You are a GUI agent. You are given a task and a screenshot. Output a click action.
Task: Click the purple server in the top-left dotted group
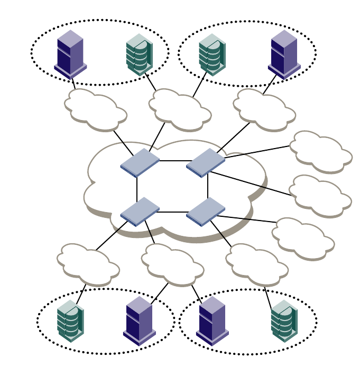pos(70,54)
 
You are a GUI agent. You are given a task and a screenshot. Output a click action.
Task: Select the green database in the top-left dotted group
pos(139,54)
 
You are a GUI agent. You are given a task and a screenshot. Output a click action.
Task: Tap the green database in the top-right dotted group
pos(212,54)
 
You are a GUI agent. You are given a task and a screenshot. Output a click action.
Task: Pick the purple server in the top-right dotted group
pos(284,54)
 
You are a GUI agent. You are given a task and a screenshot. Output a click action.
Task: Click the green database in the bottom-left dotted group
pos(70,320)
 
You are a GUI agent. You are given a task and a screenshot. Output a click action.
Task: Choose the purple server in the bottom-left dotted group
pos(139,320)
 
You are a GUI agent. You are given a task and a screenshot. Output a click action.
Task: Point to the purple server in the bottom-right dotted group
pos(212,320)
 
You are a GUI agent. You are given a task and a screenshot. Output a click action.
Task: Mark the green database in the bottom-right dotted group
pos(284,320)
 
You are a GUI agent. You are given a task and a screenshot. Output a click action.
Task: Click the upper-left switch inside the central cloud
pos(140,162)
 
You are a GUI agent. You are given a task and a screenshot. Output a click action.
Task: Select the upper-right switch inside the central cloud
pos(206,162)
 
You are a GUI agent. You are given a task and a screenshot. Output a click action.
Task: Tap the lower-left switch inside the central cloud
pos(140,212)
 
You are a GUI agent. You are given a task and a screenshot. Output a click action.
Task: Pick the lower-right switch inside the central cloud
pos(206,212)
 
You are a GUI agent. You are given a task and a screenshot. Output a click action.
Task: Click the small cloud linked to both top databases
pos(180,109)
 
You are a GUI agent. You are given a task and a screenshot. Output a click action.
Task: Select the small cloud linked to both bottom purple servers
pos(172,264)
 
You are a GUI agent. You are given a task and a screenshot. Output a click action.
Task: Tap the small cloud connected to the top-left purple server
pos(95,110)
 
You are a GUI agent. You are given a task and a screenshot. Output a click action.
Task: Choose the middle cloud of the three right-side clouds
pos(320,196)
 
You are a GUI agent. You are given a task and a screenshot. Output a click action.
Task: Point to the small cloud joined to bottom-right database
pos(256,264)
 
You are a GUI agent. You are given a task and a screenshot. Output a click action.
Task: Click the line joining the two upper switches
pos(173,160)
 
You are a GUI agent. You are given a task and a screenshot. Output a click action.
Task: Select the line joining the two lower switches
pos(173,212)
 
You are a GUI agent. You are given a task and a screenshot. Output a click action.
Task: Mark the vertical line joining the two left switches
pos(137,188)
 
